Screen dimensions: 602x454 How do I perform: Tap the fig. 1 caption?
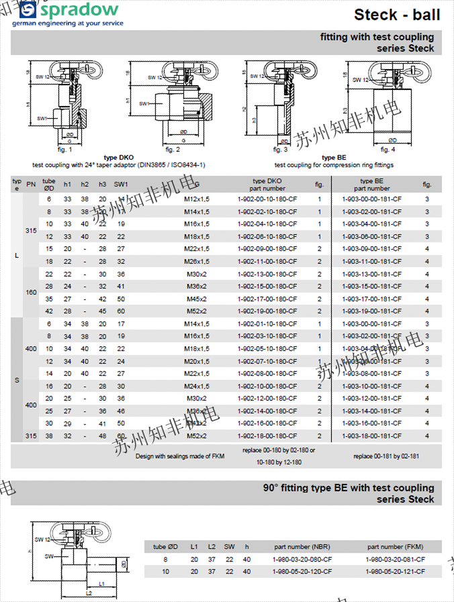(65, 149)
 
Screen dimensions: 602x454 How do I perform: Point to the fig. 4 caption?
(388, 149)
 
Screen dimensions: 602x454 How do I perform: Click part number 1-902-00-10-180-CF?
(267, 199)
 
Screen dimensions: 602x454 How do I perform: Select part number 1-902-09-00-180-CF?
(267, 249)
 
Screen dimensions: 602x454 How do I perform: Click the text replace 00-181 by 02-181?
(386, 456)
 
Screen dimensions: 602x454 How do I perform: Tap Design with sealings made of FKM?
(180, 456)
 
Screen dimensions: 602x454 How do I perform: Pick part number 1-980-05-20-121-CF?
(396, 571)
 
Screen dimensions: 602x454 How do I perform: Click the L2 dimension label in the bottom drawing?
(89, 593)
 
